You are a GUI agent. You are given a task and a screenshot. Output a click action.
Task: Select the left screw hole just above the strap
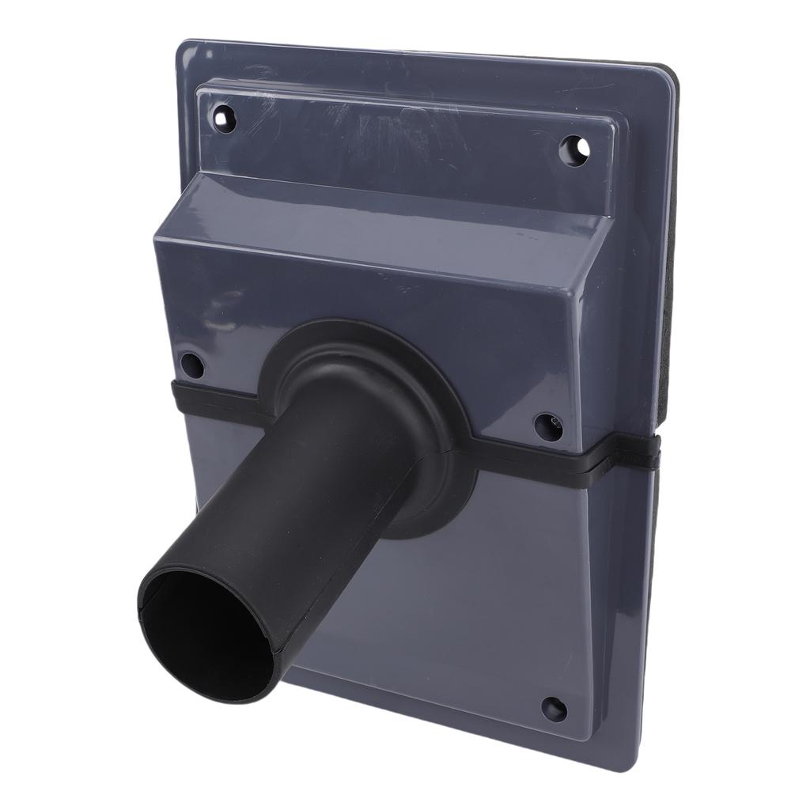191,365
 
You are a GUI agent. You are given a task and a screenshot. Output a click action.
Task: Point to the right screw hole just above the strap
548,426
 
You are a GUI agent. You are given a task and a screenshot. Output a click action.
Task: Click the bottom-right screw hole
553,707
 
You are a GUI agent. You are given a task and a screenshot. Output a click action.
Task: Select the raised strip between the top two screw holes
396,131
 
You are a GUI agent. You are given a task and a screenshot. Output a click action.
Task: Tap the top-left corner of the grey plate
184,46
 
